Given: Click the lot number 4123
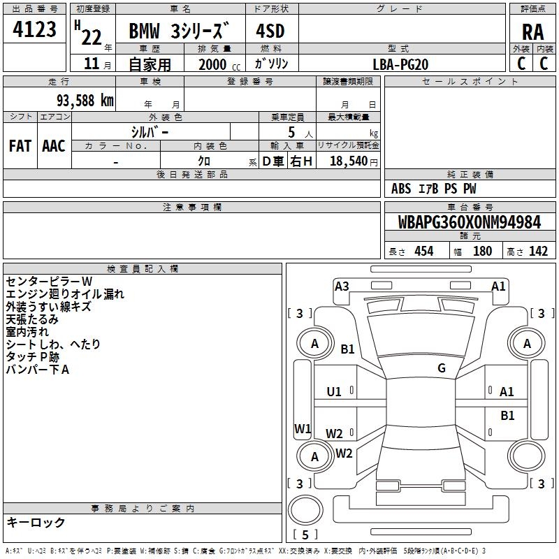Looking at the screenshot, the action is tap(34, 29).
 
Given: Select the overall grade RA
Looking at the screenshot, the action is tap(532, 32).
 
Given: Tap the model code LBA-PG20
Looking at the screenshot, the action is tap(400, 64).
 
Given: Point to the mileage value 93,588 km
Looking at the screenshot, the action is tap(85, 101).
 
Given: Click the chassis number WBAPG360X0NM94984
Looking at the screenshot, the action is tap(470, 222).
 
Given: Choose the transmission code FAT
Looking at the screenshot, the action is tap(20, 146).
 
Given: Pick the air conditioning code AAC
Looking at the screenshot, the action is tap(54, 146).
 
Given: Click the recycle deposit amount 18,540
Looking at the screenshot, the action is tap(348, 161).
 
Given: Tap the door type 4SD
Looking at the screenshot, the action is tap(270, 31).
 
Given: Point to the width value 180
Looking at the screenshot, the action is tap(482, 251).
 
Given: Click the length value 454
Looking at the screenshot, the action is tap(424, 251).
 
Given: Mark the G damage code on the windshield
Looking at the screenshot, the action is tap(442, 368).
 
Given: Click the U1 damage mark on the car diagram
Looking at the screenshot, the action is tap(334, 392).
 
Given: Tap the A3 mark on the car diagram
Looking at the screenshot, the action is tap(342, 286).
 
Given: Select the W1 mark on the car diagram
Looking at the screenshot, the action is tap(303, 428).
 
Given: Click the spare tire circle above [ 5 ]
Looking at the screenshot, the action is tap(305, 510).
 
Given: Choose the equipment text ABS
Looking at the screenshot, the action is tap(401, 189).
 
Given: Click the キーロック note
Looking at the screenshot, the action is tap(36, 522).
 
